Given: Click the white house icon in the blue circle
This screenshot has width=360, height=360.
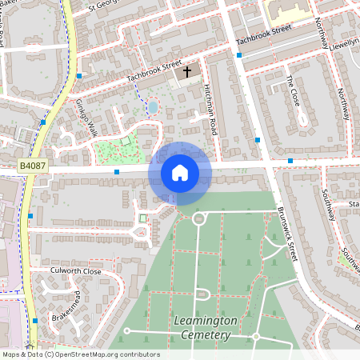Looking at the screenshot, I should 180,171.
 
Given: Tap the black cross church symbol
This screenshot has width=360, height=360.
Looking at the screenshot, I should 188,72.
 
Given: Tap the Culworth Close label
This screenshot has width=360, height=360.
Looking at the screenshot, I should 75,272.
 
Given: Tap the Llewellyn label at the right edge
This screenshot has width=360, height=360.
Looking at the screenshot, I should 342,40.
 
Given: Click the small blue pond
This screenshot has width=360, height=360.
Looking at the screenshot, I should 153,106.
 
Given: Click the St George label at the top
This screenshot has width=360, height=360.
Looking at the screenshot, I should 107,6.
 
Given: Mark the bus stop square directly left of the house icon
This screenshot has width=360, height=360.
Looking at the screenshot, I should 117,172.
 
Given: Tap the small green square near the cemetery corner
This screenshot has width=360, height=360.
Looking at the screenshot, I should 143,218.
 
